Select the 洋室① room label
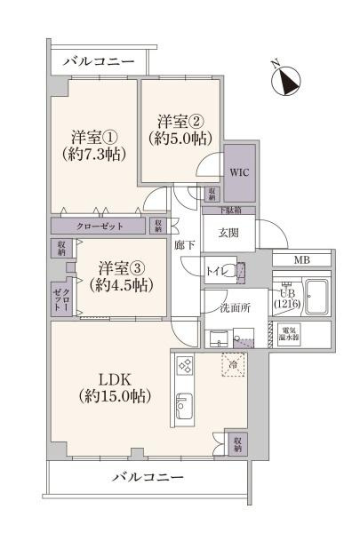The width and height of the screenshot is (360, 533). [x=92, y=145]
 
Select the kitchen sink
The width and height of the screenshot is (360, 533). [x=184, y=407]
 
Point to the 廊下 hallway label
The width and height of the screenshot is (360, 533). [x=184, y=243]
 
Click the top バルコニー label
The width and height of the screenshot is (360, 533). [x=99, y=63]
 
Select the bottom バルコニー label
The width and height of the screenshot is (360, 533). [x=148, y=477]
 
